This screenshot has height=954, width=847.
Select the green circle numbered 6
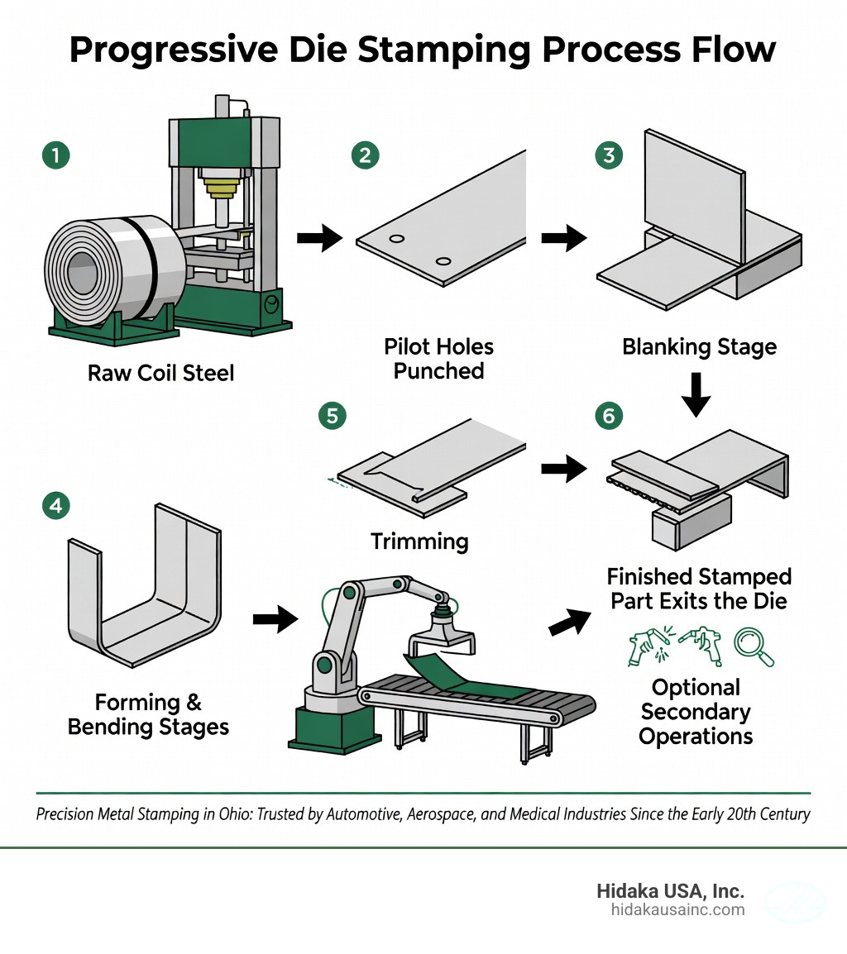click(609, 416)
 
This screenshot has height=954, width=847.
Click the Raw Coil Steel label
click(161, 373)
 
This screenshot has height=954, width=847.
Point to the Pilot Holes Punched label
click(438, 358)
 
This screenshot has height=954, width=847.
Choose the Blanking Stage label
click(699, 346)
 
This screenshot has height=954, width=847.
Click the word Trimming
click(419, 541)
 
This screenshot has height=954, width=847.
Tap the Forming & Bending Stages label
click(148, 715)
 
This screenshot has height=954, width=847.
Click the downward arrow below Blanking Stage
click(699, 395)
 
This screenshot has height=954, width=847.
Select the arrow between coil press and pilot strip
click(319, 239)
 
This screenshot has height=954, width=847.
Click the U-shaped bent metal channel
click(145, 599)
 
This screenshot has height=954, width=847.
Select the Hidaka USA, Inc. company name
click(670, 891)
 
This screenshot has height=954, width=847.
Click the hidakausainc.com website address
click(677, 910)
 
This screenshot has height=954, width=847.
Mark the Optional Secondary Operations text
click(696, 712)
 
